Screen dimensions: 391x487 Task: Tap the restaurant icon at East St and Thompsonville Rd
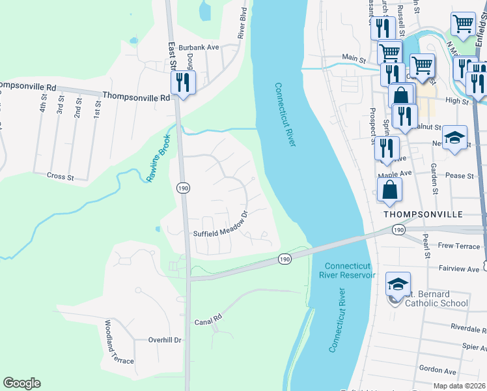coord(182,83)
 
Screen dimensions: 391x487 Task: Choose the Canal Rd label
coord(208,322)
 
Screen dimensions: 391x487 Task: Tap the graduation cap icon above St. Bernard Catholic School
coord(398,285)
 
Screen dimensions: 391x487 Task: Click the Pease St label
coord(460,176)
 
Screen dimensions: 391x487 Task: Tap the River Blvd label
coord(242,23)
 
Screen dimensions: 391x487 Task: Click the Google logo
coord(21,383)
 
